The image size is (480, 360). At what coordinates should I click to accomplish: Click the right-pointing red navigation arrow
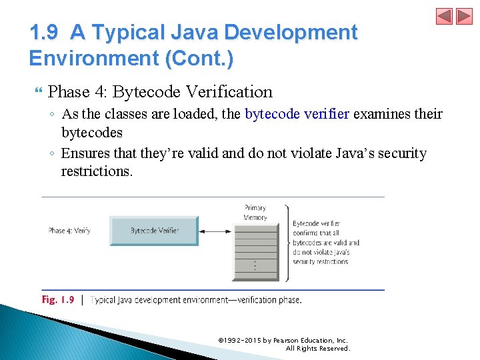pyautogui.click(x=464, y=16)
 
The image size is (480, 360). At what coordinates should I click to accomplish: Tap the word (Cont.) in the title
pyautogui.click(x=199, y=59)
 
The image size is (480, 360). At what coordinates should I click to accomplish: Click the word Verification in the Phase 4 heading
pyautogui.click(x=229, y=92)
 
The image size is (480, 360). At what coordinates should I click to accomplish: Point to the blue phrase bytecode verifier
pyautogui.click(x=297, y=114)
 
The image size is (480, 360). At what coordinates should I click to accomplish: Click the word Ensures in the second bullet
pyautogui.click(x=87, y=153)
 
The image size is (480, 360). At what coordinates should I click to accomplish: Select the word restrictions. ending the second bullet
pyautogui.click(x=97, y=171)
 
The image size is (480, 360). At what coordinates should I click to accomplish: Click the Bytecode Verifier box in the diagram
pyautogui.click(x=154, y=231)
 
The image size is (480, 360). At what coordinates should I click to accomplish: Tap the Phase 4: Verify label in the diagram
pyautogui.click(x=69, y=231)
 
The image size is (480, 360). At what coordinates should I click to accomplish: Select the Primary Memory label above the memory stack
pyautogui.click(x=255, y=213)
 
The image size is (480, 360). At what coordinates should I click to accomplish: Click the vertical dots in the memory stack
pyautogui.click(x=255, y=265)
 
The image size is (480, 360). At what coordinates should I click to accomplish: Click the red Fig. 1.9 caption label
pyautogui.click(x=58, y=300)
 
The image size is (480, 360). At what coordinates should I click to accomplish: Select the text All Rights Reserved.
pyautogui.click(x=317, y=349)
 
